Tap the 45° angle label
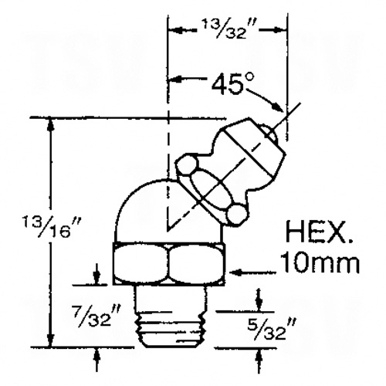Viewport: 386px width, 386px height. pyautogui.click(x=233, y=83)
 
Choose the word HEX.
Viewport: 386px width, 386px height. pyautogui.click(x=319, y=233)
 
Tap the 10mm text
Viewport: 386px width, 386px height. pyautogui.click(x=319, y=262)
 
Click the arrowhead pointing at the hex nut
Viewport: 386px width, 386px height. pyautogui.click(x=236, y=273)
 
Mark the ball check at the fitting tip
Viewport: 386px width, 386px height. pyautogui.click(x=269, y=132)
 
